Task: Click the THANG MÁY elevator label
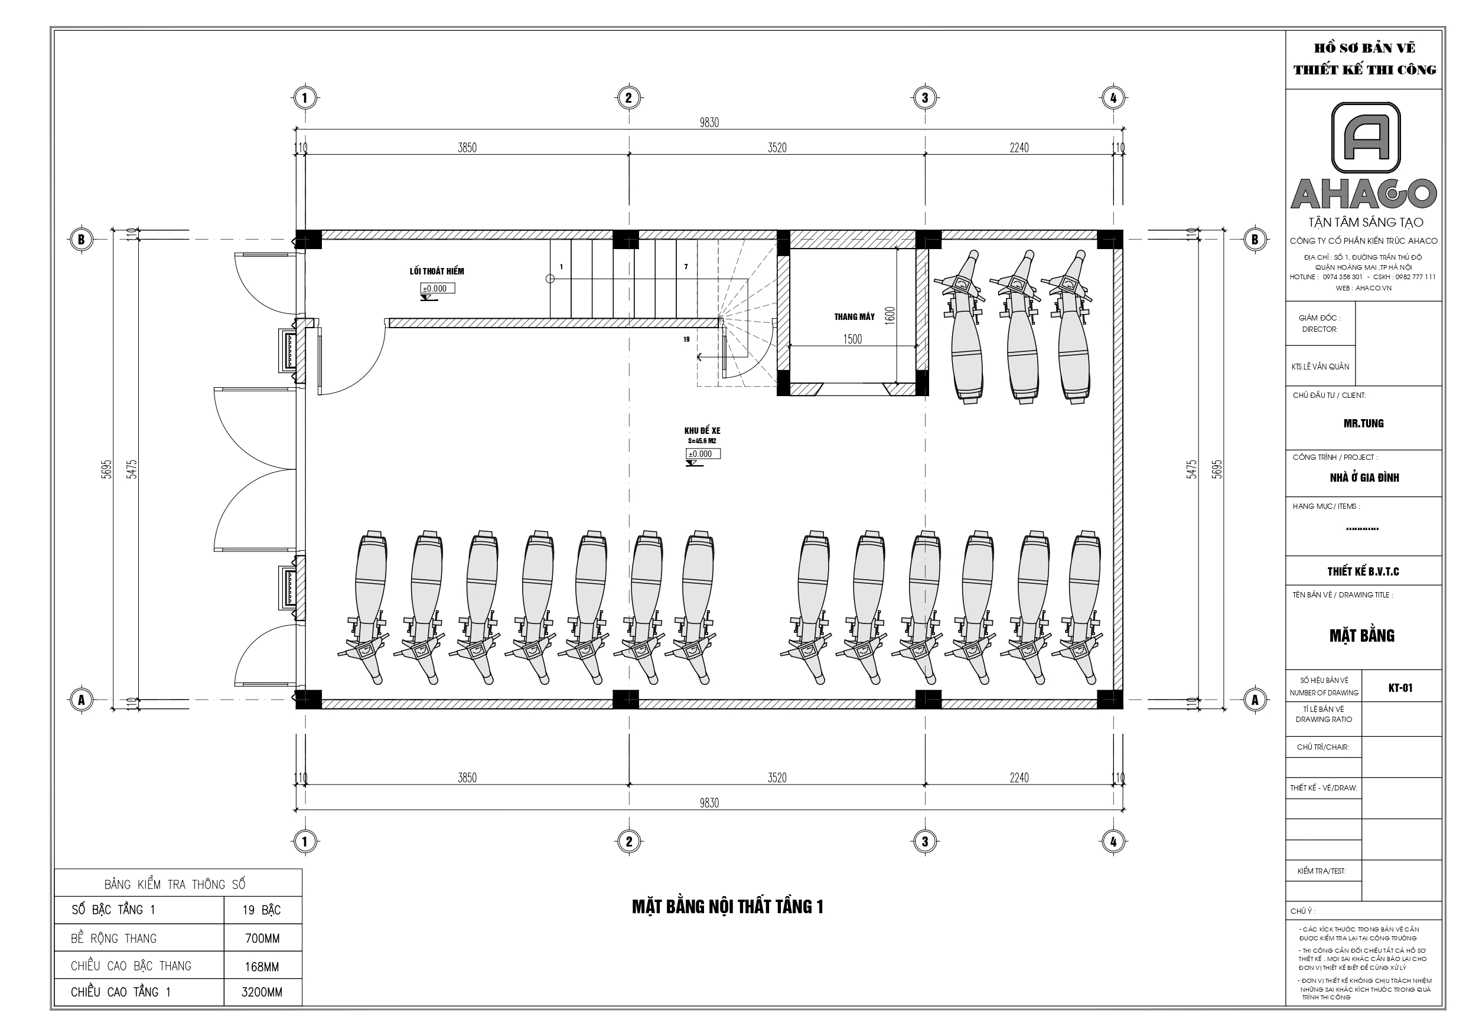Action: [x=853, y=316]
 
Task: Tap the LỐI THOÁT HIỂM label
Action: [x=436, y=272]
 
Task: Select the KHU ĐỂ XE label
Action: [x=702, y=431]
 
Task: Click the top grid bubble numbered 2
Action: [x=628, y=97]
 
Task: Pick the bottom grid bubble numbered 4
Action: [x=1113, y=841]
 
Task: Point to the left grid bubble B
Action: [x=81, y=240]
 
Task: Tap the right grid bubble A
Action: [x=1255, y=700]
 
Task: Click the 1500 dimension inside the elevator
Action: [x=852, y=339]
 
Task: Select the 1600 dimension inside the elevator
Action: [x=891, y=316]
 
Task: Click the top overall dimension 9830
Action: [x=709, y=123]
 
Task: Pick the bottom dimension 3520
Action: [x=777, y=777]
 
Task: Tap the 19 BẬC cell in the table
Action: [x=262, y=910]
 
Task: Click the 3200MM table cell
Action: [x=262, y=992]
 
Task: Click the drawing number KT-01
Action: [x=1400, y=688]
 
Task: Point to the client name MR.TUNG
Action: [x=1363, y=423]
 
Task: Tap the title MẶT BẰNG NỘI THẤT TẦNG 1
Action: [x=727, y=906]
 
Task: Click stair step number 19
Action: [x=686, y=339]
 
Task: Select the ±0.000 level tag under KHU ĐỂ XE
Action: [x=703, y=454]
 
